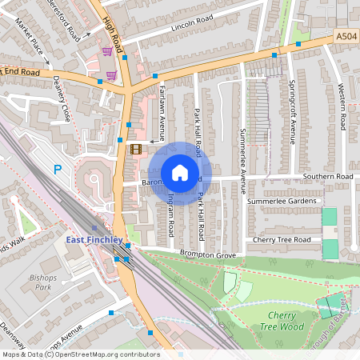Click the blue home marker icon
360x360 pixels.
click(x=180, y=173)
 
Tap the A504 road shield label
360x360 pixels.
click(x=346, y=36)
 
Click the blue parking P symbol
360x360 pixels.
click(x=57, y=169)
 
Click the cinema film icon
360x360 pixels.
click(x=135, y=148)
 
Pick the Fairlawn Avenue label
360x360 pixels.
click(x=162, y=106)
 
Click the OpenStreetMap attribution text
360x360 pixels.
click(x=80, y=354)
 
